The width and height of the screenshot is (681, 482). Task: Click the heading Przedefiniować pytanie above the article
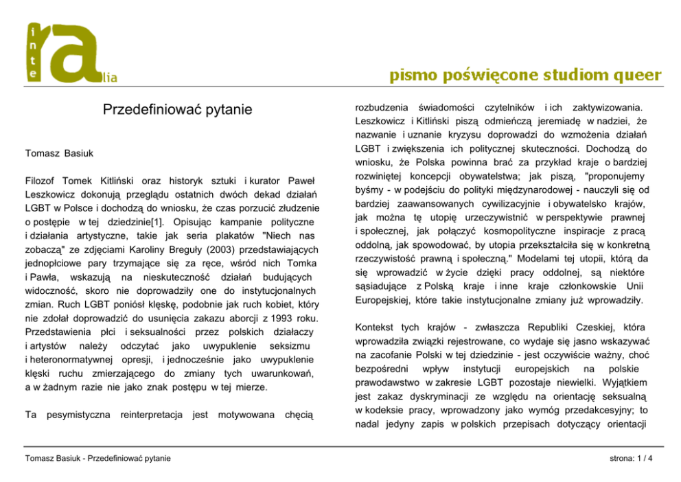(178, 109)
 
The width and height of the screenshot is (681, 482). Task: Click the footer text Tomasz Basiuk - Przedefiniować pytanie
(97, 458)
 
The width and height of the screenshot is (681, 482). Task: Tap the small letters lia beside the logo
(110, 79)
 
